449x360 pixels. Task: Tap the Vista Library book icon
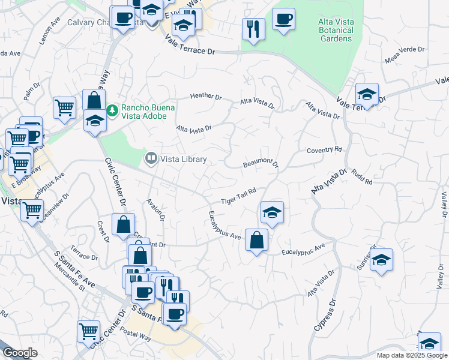(150, 159)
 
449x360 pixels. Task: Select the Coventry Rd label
(324, 149)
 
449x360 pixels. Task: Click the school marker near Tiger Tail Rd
(272, 212)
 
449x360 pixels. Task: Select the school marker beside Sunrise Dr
(381, 260)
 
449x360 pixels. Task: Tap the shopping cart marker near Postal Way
(88, 331)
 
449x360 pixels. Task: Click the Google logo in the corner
(20, 353)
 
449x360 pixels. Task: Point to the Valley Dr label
(442, 205)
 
